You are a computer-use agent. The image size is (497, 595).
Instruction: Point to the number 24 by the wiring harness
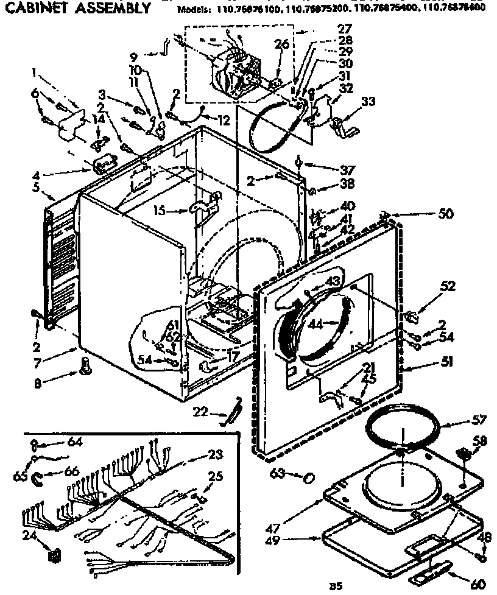click(x=27, y=537)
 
